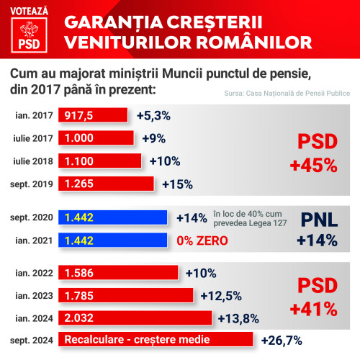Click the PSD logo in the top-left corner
tap(29, 33)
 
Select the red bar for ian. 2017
tap(94, 116)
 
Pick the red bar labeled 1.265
tap(107, 184)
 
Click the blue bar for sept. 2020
tap(114, 217)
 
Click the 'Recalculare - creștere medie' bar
tap(158, 339)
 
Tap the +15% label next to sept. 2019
tap(177, 184)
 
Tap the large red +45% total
tap(313, 164)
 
